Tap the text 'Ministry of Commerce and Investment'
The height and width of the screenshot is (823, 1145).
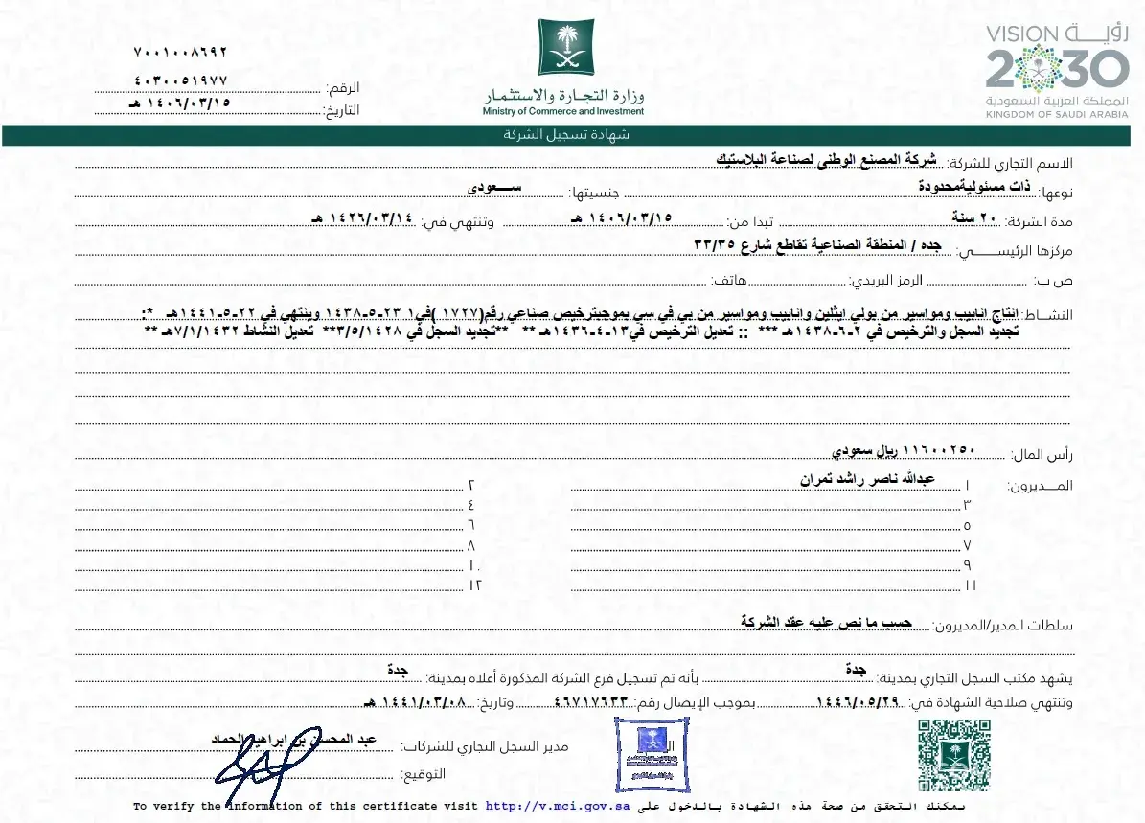pos(563,111)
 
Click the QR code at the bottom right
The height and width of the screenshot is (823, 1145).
pos(953,754)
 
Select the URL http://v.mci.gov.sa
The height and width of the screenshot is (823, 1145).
pos(557,807)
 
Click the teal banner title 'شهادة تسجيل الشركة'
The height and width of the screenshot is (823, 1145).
pos(566,135)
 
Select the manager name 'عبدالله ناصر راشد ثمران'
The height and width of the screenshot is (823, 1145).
pos(868,477)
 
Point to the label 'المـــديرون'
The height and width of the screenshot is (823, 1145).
pos(1040,486)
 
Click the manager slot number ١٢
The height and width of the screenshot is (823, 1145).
pos(473,583)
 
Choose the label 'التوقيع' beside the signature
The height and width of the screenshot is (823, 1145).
pos(421,774)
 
